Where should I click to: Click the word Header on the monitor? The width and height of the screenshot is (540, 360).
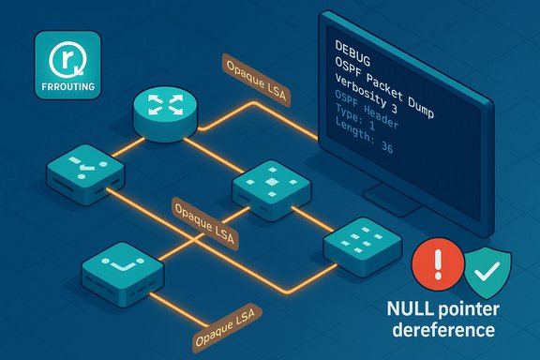pyautogui.click(x=382, y=121)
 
